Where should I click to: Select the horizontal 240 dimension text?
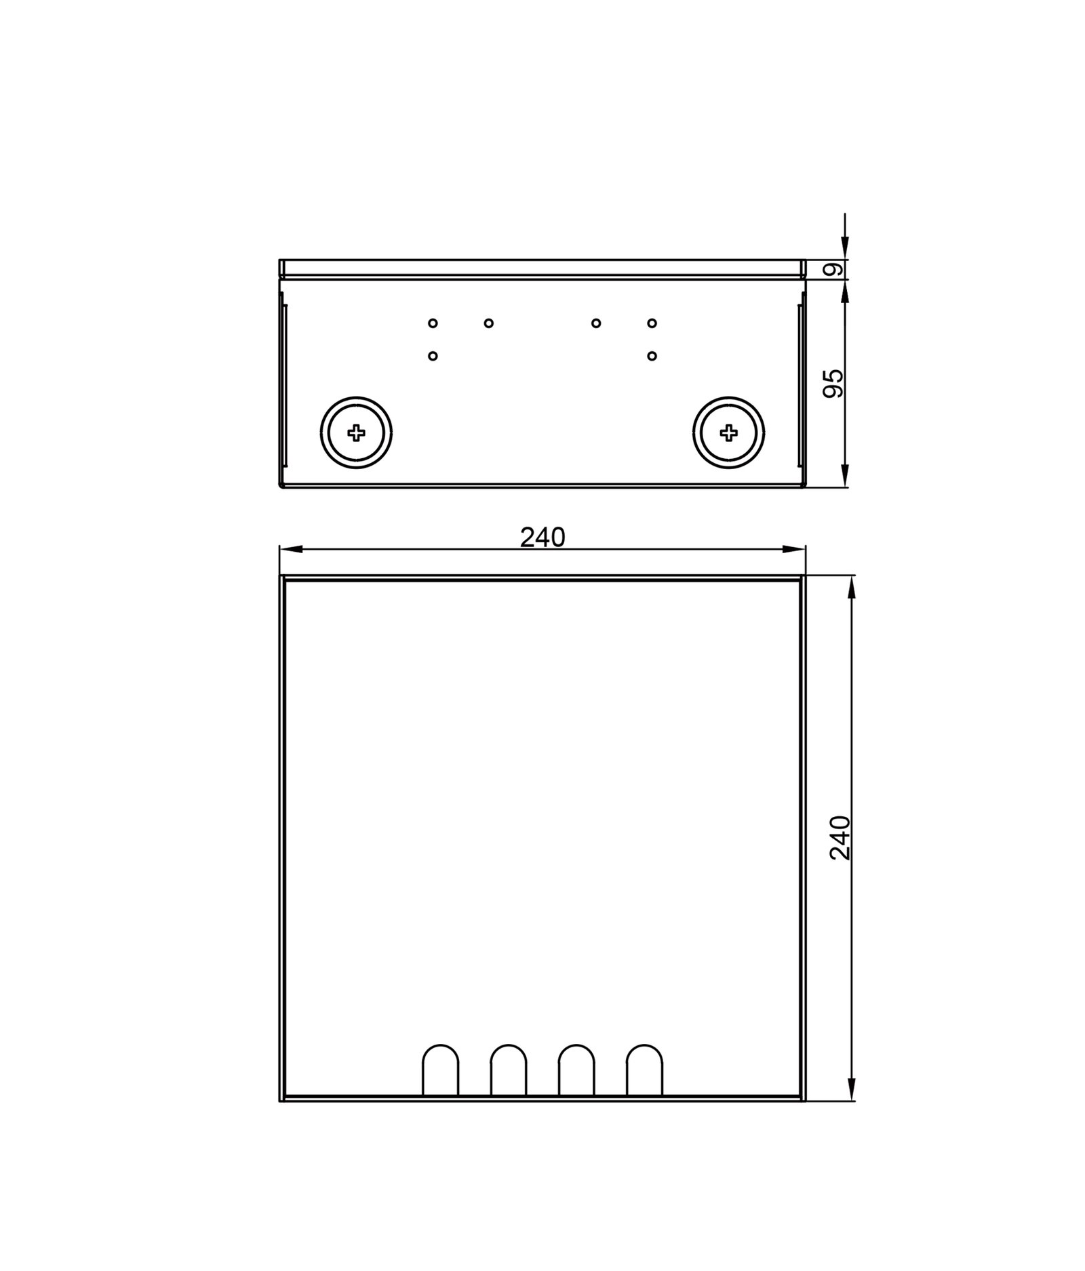tap(542, 538)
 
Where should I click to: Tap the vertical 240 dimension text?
tap(840, 838)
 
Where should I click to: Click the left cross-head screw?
tap(356, 432)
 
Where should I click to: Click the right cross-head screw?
tap(729, 432)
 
